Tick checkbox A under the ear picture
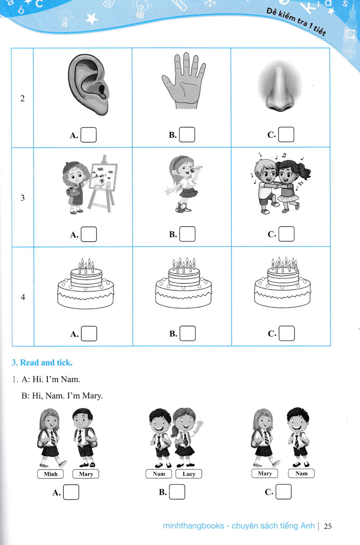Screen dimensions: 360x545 89,135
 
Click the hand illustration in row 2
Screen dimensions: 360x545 184,80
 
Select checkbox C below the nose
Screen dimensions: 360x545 286,134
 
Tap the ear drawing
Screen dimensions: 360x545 89,84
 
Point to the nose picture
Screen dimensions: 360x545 280,86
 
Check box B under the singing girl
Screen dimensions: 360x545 187,234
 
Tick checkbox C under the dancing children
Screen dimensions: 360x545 286,234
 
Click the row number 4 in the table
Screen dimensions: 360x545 23,297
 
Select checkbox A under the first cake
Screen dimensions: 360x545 89,333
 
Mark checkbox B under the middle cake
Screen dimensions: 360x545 188,333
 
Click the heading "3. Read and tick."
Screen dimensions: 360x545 42,362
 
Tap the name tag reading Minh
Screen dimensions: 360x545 50,474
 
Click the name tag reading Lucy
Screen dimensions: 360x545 189,474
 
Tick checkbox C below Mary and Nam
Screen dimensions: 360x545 284,492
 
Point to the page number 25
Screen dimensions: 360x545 328,526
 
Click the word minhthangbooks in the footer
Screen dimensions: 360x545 193,526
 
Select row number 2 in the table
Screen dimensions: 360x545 22,98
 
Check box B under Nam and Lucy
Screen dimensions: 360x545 177,492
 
